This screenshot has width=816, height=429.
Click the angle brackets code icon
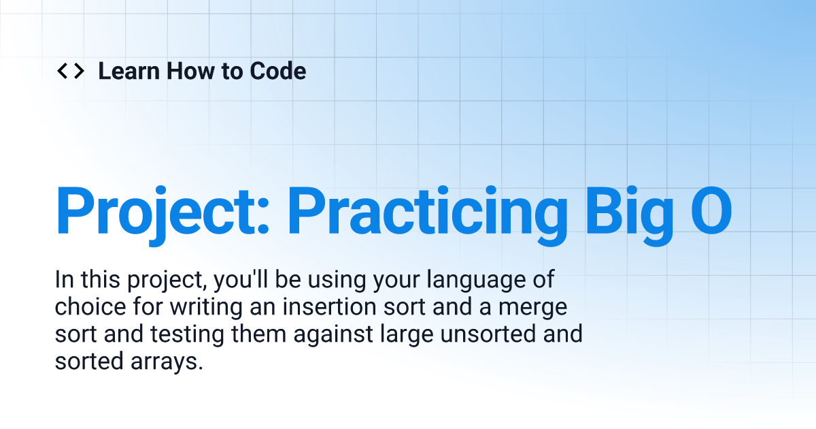pos(70,71)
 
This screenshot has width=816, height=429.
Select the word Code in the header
pos(278,71)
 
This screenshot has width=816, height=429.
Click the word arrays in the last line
pos(169,362)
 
